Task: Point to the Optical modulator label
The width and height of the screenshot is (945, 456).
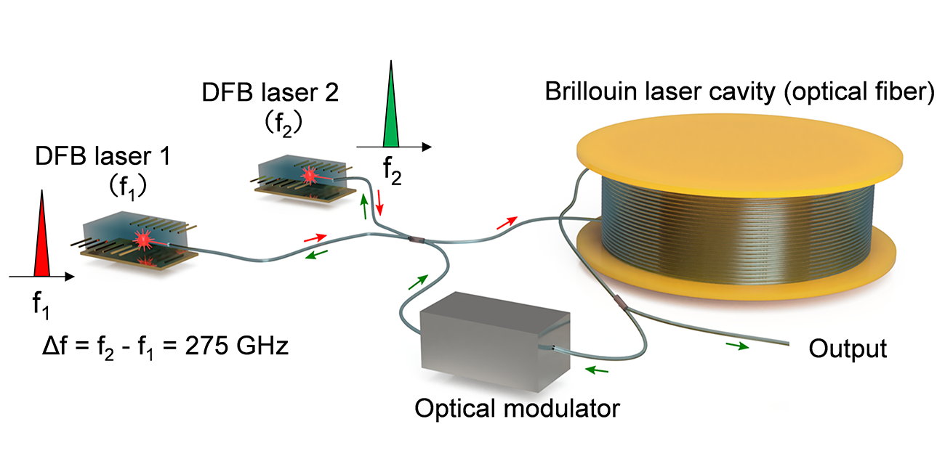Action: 517,408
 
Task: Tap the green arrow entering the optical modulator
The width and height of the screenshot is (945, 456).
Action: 598,371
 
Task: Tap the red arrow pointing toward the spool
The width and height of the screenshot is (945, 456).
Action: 507,221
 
